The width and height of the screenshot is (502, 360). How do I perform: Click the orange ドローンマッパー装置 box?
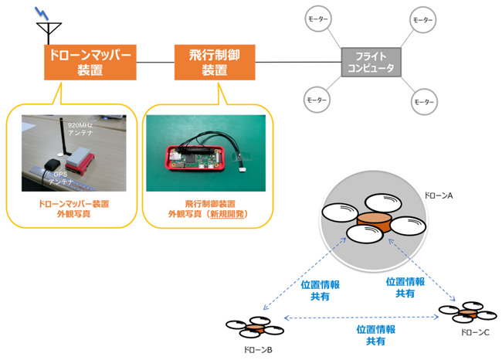tap(90, 62)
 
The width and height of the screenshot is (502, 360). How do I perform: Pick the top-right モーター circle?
tap(422, 20)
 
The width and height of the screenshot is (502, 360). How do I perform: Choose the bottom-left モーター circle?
tap(317, 100)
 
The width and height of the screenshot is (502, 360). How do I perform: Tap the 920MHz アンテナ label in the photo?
tap(80, 128)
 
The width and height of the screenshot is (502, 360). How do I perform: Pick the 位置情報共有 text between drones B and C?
tap(375, 334)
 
